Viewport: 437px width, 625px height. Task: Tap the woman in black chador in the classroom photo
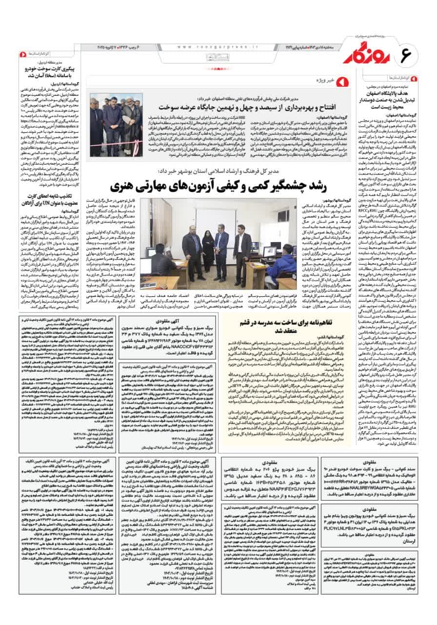click(x=208, y=239)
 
